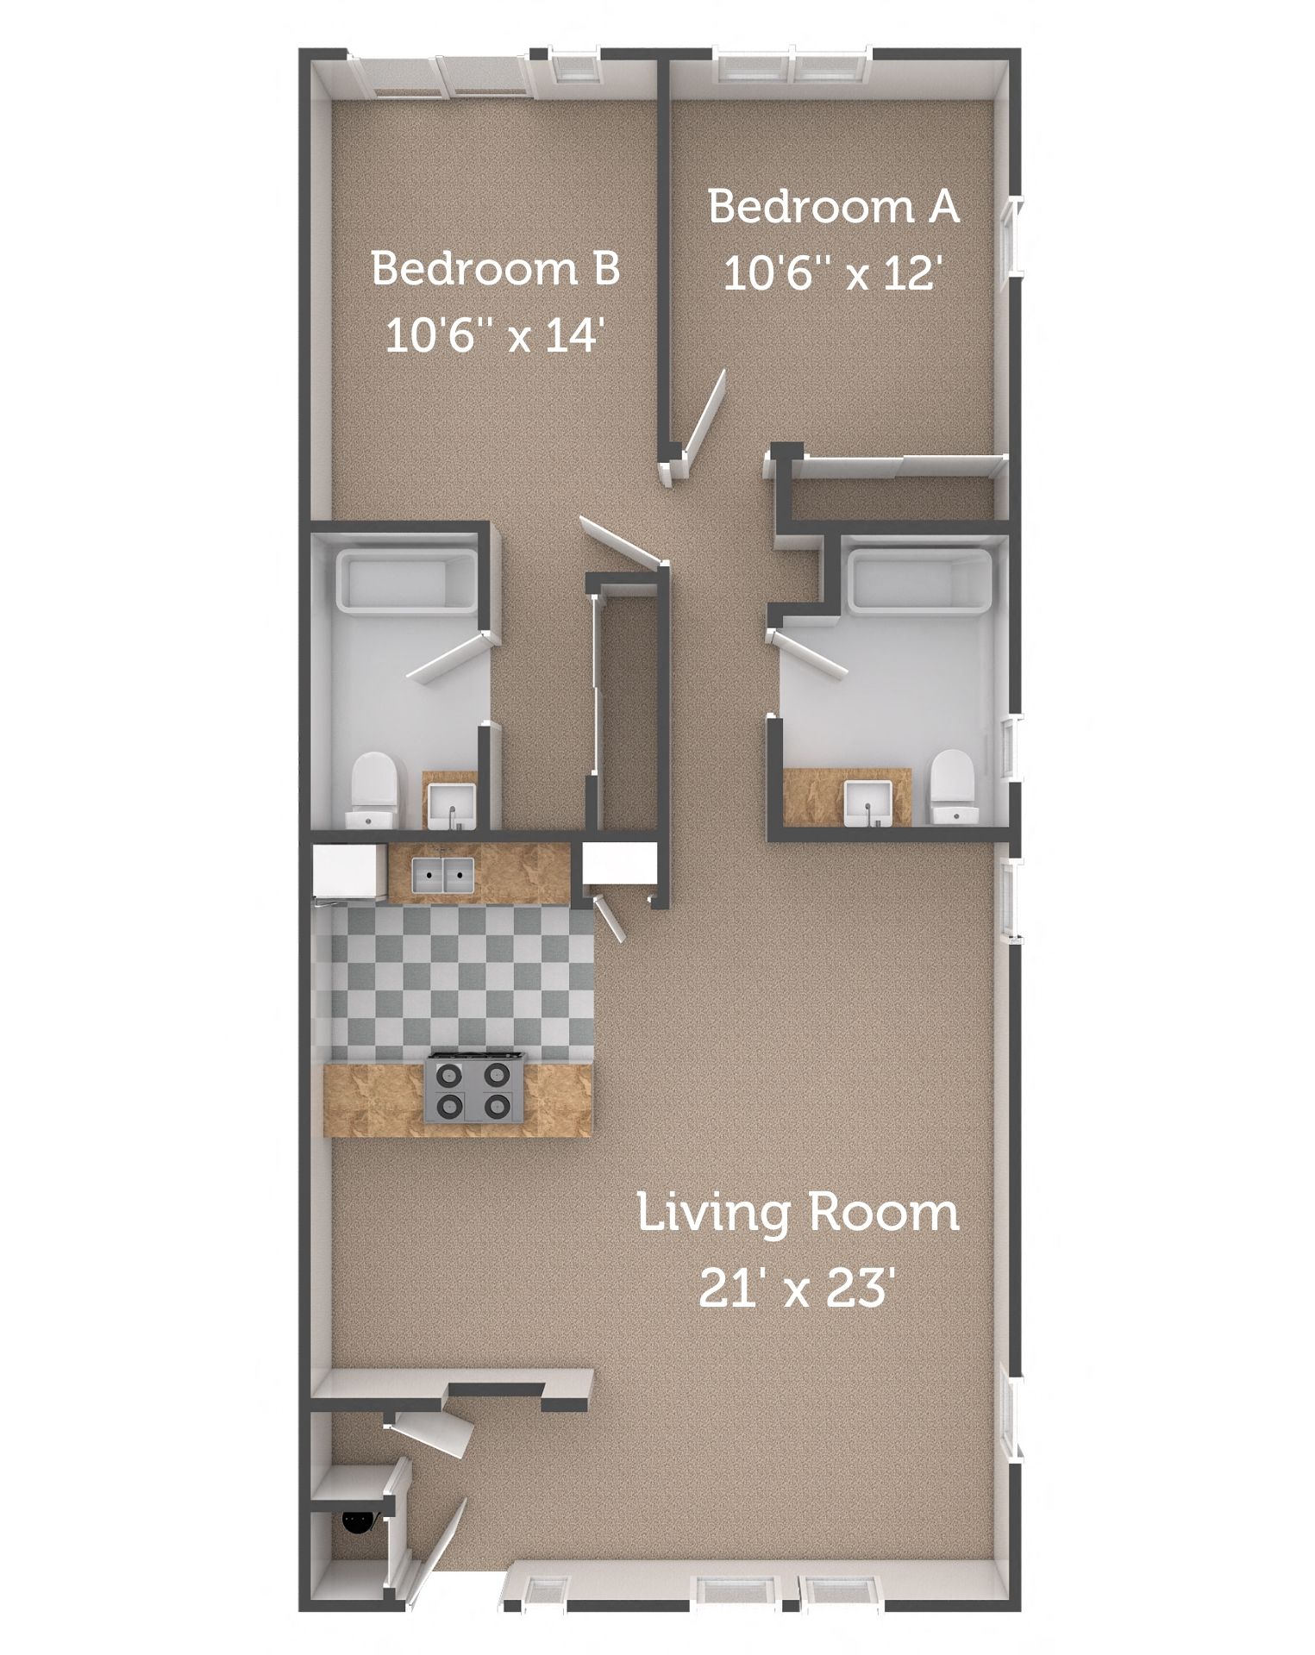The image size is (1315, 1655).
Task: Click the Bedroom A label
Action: [833, 208]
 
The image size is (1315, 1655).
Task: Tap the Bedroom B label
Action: [496, 268]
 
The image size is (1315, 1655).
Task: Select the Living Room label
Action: [798, 1214]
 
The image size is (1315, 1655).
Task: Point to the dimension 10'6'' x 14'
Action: [492, 334]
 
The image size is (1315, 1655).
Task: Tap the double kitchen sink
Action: [444, 876]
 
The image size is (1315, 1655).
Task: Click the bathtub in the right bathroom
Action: [919, 583]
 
